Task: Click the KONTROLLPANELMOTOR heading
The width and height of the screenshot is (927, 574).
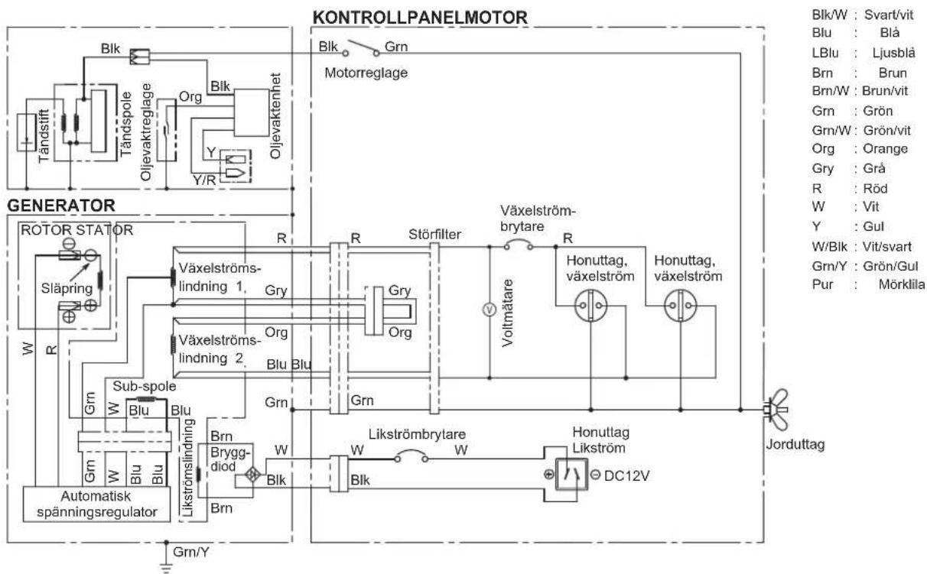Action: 420,18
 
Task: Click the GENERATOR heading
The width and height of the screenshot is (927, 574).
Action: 61,206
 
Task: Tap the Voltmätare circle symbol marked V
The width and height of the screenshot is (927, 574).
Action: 490,310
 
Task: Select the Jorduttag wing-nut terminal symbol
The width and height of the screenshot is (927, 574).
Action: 778,410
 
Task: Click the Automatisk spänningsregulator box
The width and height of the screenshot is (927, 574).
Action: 96,504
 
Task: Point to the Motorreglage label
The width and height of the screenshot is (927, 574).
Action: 366,73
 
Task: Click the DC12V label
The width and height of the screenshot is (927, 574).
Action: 626,476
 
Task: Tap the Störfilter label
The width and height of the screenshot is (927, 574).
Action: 434,234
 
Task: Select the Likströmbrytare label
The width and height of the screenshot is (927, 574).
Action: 417,434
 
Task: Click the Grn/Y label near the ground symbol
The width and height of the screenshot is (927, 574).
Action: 191,552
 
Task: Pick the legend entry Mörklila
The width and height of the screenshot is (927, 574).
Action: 902,284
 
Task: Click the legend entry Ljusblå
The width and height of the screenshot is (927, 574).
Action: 893,53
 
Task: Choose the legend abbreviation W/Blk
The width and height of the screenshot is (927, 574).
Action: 829,247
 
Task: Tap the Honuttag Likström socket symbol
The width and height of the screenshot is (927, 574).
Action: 571,475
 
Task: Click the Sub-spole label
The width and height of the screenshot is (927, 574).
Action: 145,386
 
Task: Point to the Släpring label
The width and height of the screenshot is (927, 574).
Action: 67,288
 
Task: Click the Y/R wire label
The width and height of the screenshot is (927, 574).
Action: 204,180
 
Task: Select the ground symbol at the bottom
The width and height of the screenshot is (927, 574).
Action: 166,567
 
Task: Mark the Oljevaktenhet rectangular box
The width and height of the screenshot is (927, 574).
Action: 252,112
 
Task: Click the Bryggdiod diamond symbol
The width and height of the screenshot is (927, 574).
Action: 253,475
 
